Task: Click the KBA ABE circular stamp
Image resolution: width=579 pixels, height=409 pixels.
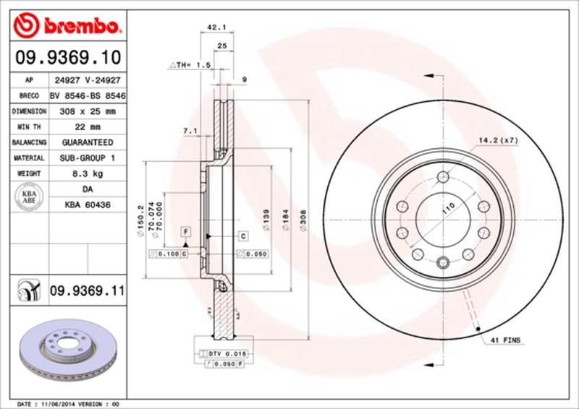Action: (30, 197)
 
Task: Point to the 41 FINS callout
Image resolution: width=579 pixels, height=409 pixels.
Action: (507, 339)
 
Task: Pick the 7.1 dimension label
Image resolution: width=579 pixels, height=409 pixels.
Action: (190, 131)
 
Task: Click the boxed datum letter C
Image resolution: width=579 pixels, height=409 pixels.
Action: (242, 236)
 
